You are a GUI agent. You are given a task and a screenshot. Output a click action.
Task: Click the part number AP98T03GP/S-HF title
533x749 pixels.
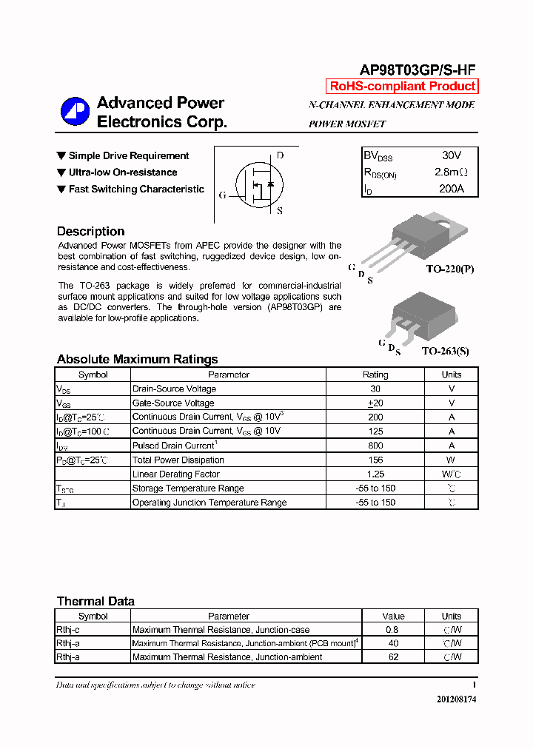tap(418, 70)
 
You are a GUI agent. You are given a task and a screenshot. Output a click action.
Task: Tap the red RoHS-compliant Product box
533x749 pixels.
tap(402, 87)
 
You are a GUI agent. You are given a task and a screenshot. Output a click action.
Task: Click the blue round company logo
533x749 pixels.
tap(75, 112)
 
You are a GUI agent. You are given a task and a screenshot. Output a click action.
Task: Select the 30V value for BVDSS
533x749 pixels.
tap(451, 156)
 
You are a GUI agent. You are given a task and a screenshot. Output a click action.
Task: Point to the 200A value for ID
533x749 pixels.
tap(451, 189)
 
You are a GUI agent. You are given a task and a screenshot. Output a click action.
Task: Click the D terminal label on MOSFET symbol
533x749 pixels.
tap(280, 156)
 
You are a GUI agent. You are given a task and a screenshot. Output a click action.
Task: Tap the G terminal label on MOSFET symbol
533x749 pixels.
tap(222, 195)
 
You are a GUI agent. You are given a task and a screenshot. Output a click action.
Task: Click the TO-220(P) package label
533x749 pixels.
tap(449, 269)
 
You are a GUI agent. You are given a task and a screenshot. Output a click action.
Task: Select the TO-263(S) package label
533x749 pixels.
tap(445, 352)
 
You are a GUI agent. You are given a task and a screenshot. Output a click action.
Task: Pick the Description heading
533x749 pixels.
tap(90, 231)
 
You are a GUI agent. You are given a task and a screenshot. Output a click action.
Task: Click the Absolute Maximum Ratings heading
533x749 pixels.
tap(137, 360)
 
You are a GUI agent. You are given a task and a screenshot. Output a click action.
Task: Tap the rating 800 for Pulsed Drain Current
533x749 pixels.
tap(375, 446)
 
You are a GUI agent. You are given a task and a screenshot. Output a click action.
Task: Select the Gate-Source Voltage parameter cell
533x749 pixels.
tap(173, 403)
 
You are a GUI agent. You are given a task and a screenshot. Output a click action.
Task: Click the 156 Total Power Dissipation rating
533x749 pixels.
tap(375, 460)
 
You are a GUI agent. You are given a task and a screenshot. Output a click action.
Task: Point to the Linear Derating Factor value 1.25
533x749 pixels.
tap(375, 474)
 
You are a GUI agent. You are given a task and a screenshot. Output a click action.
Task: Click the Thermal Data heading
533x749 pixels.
tap(95, 601)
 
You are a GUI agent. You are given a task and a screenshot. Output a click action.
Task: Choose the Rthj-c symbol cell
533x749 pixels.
tap(68, 630)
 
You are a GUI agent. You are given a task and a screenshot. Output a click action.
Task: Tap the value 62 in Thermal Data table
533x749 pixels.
tap(393, 656)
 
